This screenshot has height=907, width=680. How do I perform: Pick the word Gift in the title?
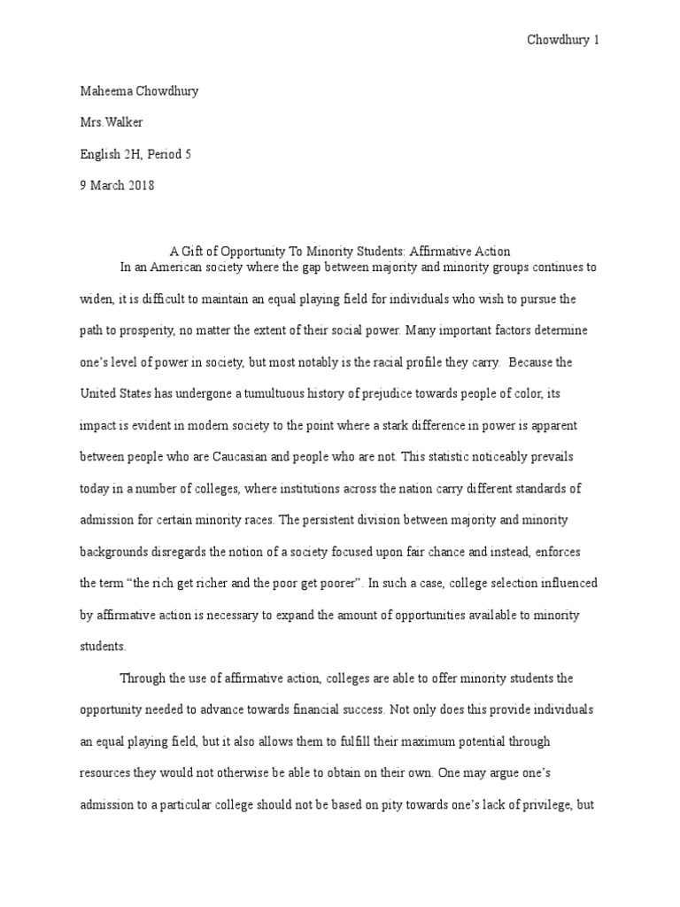point(192,251)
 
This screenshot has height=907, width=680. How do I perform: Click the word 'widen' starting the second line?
point(95,298)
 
